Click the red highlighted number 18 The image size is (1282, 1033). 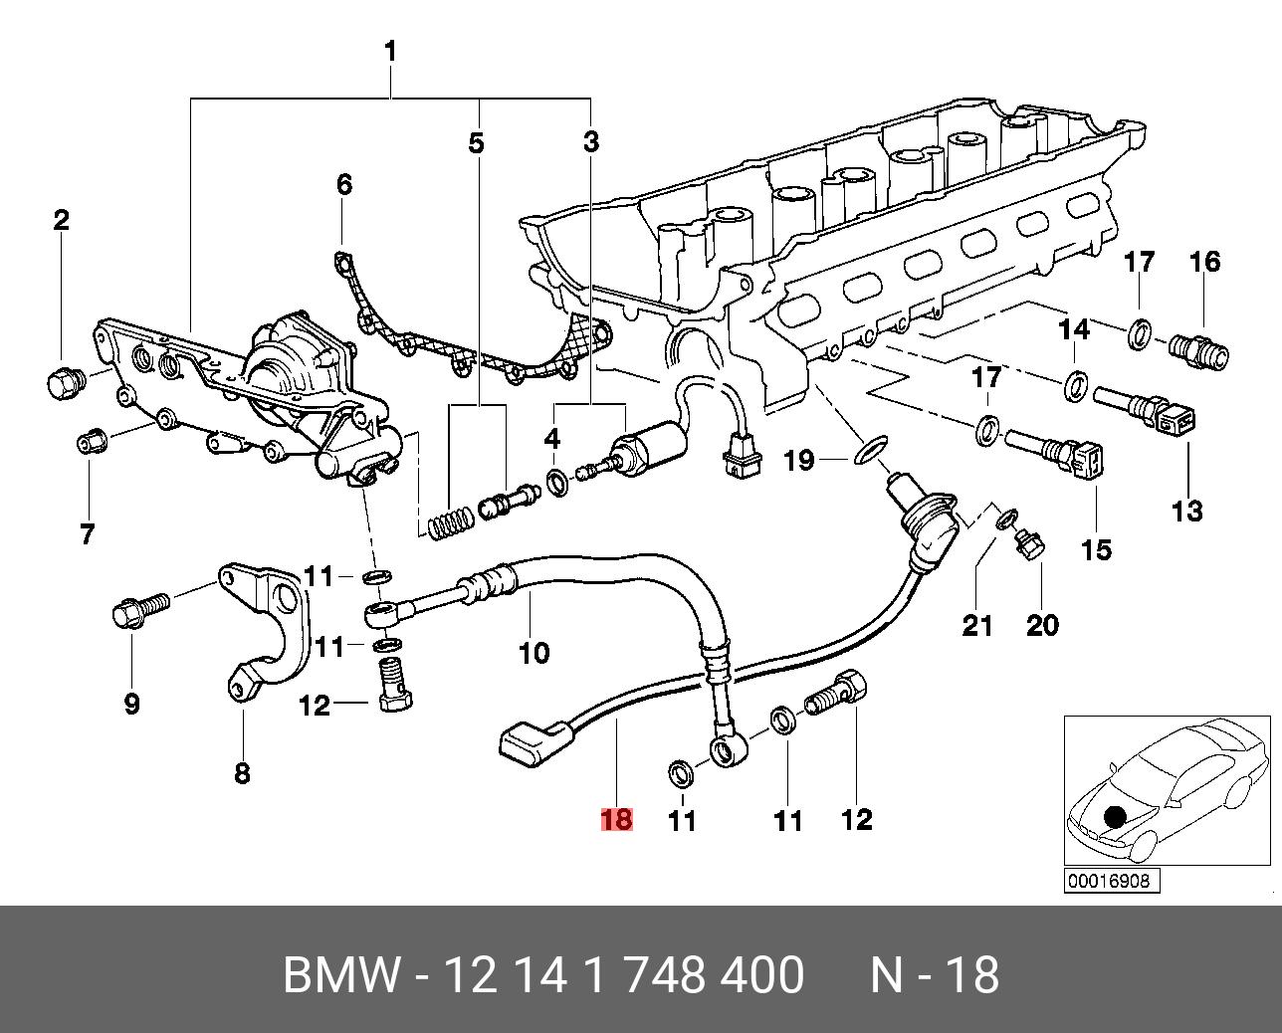[x=616, y=819]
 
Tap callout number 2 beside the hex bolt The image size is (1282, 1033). [x=61, y=220]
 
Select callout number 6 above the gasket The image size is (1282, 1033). [x=344, y=185]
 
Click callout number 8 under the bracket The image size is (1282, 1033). [x=242, y=774]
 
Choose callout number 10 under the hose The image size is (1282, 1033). [x=534, y=653]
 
